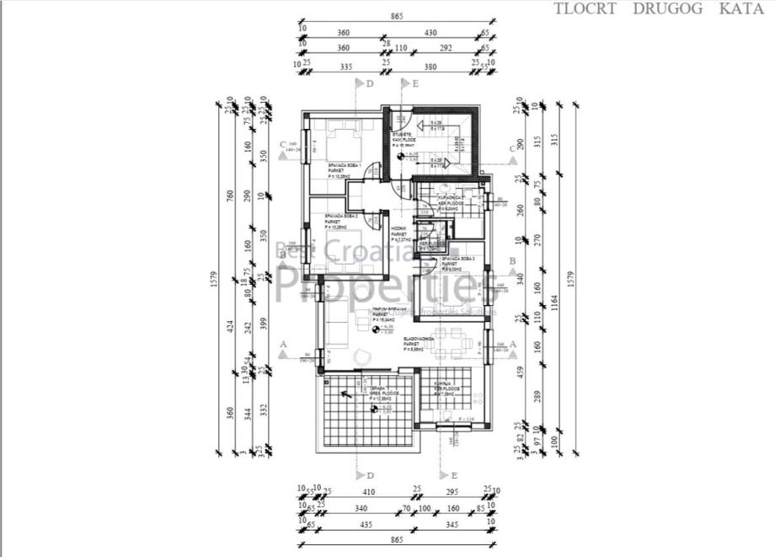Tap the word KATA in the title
coord(741,9)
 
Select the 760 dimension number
coord(231,195)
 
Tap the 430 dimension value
coord(432,32)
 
